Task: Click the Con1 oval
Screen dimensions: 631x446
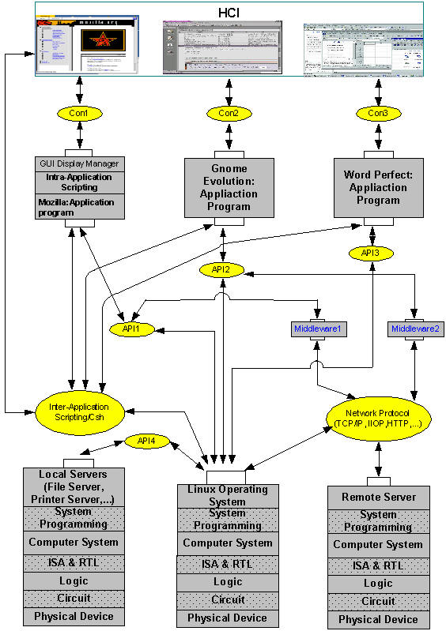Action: [x=78, y=114]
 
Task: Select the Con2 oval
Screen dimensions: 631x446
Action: [x=229, y=114]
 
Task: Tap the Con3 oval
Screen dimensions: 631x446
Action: [x=378, y=114]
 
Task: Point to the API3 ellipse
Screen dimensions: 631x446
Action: [x=370, y=253]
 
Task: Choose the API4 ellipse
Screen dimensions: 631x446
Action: [x=147, y=441]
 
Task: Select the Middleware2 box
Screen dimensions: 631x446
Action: [x=414, y=327]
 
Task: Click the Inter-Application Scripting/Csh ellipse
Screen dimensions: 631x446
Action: [x=81, y=411]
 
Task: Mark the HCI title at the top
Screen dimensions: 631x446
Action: [x=229, y=13]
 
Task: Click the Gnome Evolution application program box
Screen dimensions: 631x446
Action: [x=229, y=187]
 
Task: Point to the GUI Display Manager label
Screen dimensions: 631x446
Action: [x=79, y=163]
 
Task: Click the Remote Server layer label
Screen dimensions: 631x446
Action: [x=378, y=498]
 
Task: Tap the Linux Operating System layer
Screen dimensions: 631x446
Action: [x=227, y=495]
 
